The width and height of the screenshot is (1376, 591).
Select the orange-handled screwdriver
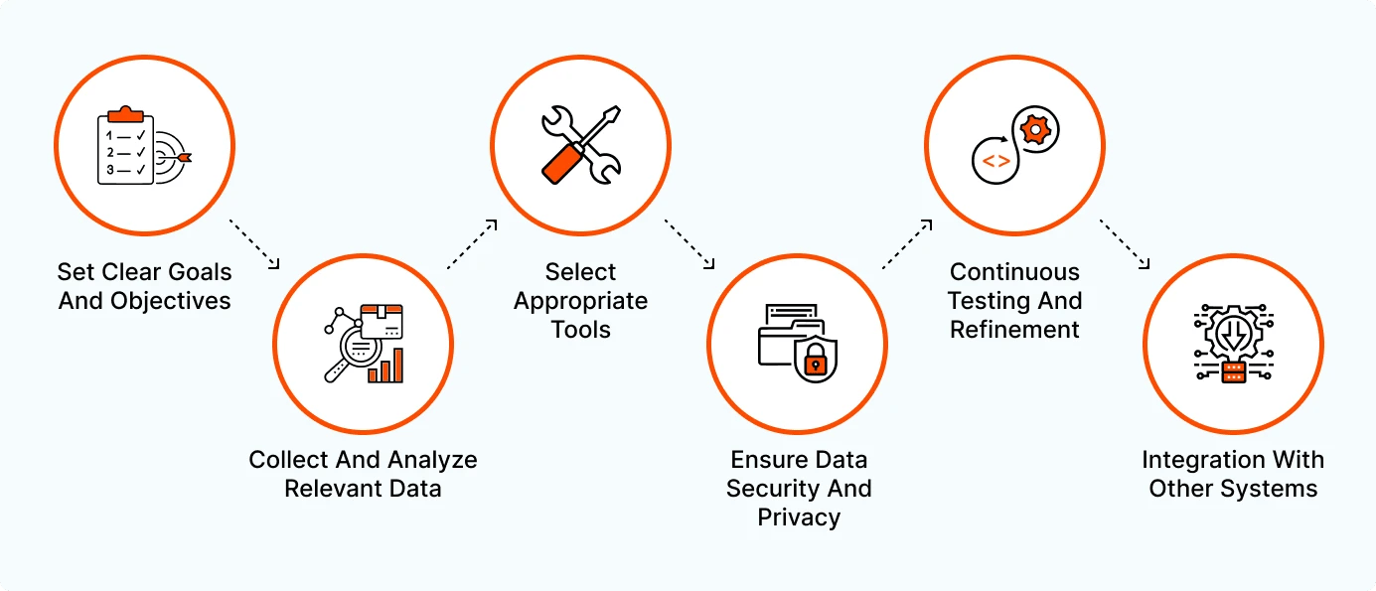[580, 145]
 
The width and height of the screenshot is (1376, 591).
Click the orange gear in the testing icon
[1035, 130]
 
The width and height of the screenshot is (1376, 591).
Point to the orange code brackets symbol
[995, 161]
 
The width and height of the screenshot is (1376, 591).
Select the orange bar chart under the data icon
[385, 367]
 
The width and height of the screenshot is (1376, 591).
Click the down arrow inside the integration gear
[1234, 336]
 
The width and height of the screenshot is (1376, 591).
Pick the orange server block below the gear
[1234, 371]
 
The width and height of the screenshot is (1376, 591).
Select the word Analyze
[432, 460]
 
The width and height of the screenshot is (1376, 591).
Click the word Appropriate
[580, 301]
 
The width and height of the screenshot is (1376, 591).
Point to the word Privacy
[799, 517]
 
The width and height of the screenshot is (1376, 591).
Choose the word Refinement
[1014, 330]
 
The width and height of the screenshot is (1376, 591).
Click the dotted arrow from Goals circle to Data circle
[254, 244]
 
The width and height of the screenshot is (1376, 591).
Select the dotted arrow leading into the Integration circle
[1125, 244]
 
